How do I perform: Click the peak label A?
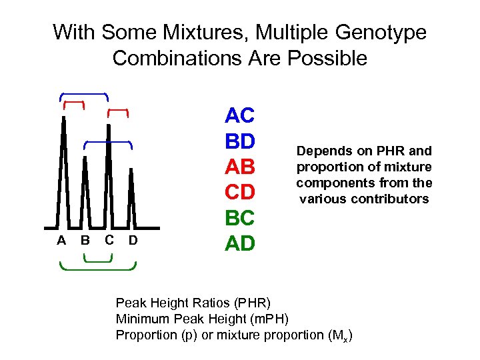61,241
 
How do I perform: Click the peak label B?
85,241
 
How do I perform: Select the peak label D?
132,241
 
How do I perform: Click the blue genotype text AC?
240,116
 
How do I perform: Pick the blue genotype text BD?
240,141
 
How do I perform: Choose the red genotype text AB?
240,167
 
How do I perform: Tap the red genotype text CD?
240,193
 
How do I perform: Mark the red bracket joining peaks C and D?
118,108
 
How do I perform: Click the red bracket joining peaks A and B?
73,103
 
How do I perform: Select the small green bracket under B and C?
97,260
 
